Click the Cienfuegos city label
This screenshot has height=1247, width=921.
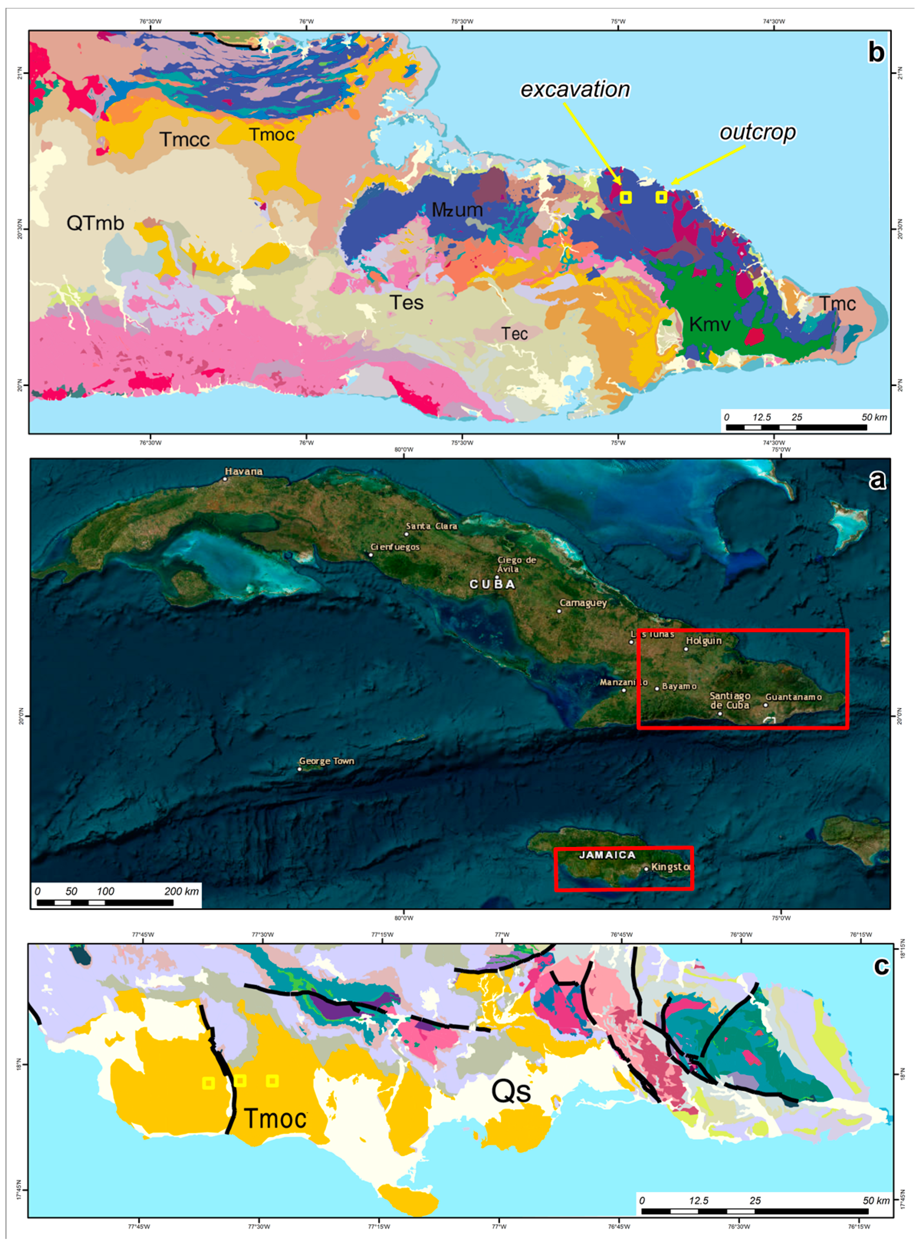[x=395, y=547]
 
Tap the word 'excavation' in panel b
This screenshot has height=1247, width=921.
[x=575, y=89]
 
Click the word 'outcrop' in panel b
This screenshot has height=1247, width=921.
[x=757, y=132]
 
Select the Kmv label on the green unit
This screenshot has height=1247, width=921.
[x=709, y=324]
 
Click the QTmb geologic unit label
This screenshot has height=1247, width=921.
[x=95, y=223]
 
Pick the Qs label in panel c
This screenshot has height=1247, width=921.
[x=511, y=1091]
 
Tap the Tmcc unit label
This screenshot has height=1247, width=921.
[x=184, y=139]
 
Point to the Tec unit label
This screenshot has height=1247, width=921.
[x=514, y=333]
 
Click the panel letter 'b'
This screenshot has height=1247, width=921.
[x=875, y=53]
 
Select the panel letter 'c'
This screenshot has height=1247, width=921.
[x=881, y=966]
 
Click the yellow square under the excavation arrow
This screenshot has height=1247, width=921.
[x=625, y=197]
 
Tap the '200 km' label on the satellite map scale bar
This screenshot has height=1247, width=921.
[x=181, y=891]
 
